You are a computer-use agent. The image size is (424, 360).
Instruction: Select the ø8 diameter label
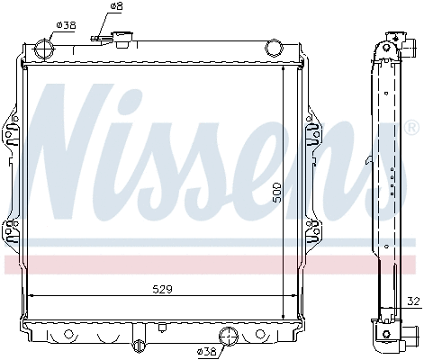coord(115,6)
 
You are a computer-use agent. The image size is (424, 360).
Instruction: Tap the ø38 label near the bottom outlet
coord(208,350)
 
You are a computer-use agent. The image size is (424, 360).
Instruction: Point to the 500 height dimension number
coord(277,193)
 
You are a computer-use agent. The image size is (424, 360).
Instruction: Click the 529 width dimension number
coord(161,289)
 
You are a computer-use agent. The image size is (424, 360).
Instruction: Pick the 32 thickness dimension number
coord(413,302)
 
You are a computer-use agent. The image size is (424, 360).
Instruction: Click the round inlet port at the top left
coord(42,49)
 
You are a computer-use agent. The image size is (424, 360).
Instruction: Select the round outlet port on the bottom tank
coord(230,337)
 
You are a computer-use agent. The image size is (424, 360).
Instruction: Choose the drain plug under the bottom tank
coord(138,346)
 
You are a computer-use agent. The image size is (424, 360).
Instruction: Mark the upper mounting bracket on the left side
coord(12,134)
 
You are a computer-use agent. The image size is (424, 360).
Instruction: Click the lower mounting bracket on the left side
coord(12,232)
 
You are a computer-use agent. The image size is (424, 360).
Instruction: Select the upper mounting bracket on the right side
coord(314,134)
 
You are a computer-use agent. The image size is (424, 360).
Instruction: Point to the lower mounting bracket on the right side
coord(314,232)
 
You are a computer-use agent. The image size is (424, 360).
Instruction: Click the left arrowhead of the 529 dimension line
coord(33,295)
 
